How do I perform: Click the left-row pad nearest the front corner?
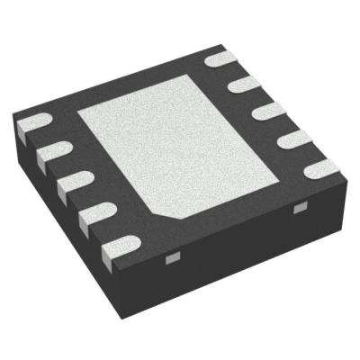[x=118, y=242]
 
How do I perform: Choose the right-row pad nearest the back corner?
[x=220, y=59]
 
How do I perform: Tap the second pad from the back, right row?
[x=243, y=85]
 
